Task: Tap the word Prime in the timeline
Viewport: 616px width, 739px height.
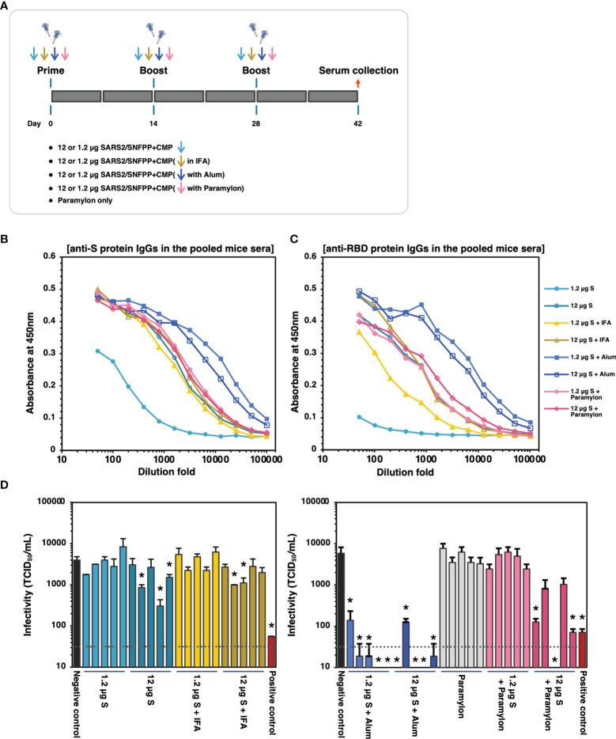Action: [x=51, y=71]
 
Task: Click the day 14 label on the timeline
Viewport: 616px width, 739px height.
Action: [x=153, y=124]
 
